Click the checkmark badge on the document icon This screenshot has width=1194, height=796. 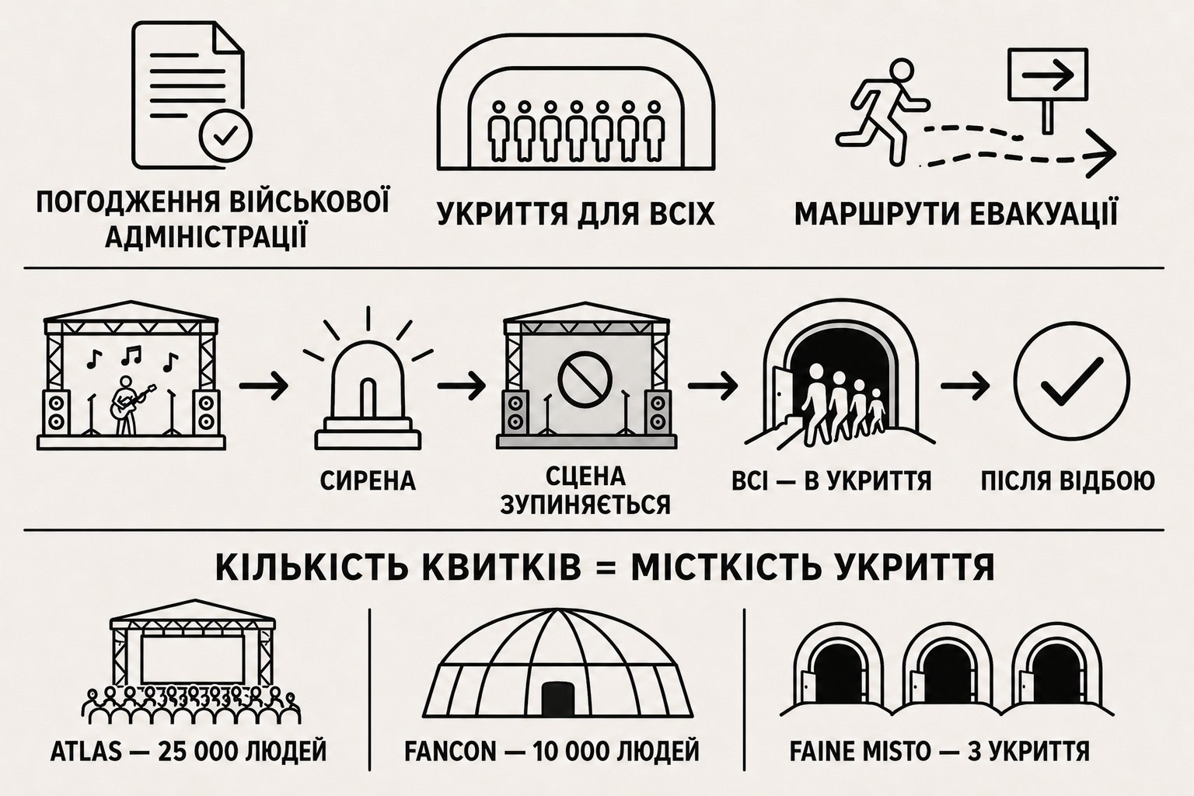click(226, 137)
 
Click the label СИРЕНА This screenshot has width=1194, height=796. click(368, 481)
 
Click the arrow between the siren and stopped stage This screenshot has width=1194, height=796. click(462, 385)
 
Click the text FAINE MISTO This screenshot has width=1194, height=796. click(861, 752)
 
